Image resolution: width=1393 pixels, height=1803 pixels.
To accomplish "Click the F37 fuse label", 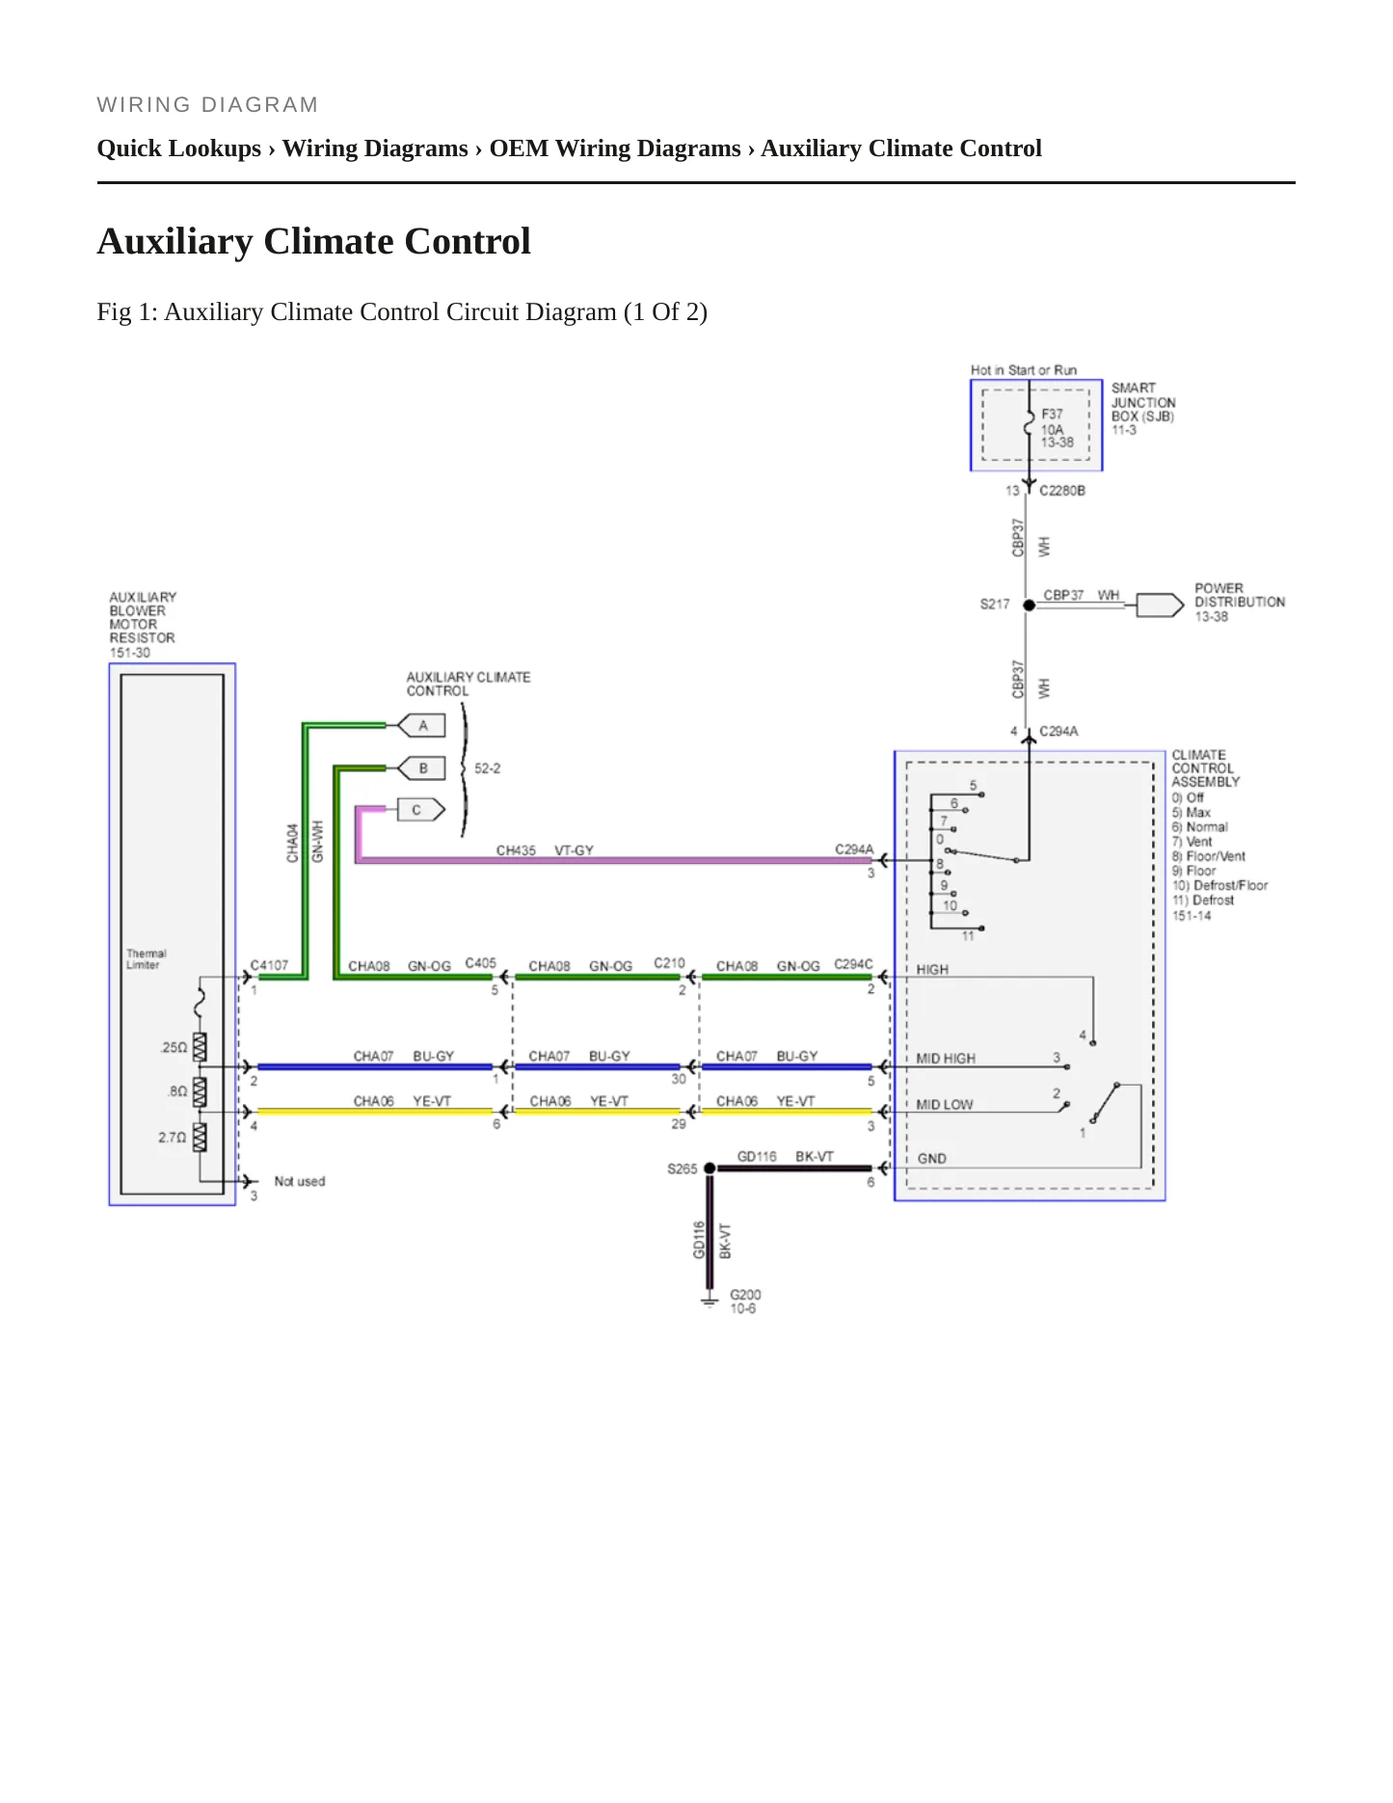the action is point(1052,414).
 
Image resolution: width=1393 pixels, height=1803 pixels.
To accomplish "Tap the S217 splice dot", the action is point(1029,605).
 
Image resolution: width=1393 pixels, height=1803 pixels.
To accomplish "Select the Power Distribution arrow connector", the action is point(1160,605).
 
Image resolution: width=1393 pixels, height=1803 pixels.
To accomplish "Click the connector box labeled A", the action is point(421,725).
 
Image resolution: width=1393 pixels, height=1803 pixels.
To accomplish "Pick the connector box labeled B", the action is point(421,768).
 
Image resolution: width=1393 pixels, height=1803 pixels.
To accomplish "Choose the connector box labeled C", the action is point(421,810).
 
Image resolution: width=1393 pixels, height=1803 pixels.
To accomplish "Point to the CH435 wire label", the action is point(516,850).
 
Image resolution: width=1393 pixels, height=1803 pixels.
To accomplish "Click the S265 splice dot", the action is point(710,1169).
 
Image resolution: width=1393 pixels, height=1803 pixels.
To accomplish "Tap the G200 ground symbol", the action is point(710,1301).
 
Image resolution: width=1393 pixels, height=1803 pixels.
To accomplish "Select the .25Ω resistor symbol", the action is point(200,1047).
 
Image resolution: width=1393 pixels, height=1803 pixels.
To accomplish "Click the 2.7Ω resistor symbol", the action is point(200,1138).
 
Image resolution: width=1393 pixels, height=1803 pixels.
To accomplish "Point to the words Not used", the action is point(300,1181).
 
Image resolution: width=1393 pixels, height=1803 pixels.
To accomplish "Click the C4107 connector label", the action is point(269,965).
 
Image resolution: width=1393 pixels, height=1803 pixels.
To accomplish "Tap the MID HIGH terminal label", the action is point(946,1059).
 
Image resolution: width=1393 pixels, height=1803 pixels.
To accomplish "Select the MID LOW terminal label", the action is point(945,1105).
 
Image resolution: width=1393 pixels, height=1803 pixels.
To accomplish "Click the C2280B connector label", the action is point(1062,491).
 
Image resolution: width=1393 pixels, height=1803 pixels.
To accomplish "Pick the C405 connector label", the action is point(480,963).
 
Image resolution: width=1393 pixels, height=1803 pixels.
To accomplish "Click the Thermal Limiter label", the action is point(146,958).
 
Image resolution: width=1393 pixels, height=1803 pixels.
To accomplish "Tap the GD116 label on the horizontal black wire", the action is point(757,1156).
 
